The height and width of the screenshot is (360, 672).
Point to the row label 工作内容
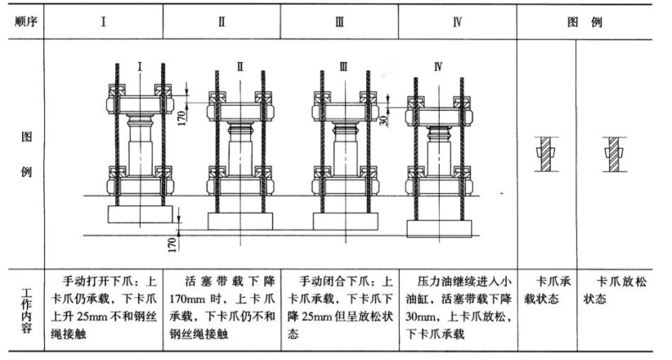pos(23,313)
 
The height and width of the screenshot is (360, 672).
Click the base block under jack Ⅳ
pos(439,229)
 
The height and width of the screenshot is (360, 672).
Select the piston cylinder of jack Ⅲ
pos(343,153)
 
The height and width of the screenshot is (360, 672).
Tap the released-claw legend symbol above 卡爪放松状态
pos(610,153)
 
